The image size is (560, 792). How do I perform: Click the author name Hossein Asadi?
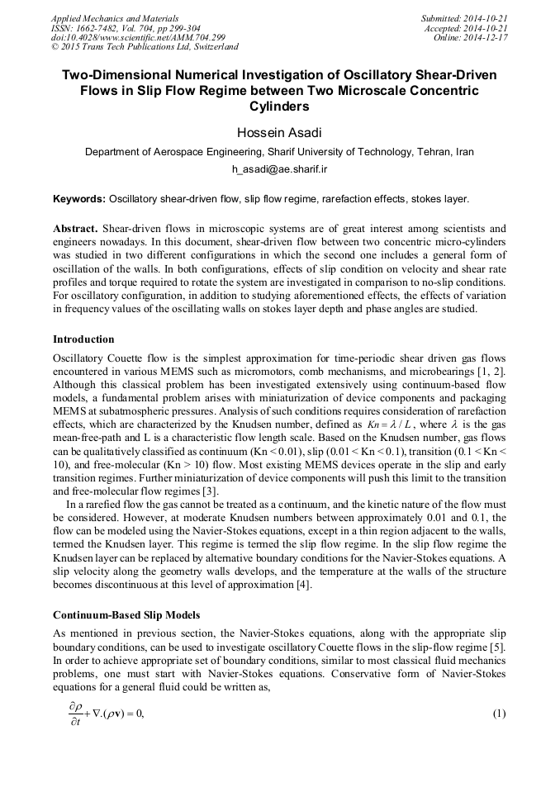point(279,134)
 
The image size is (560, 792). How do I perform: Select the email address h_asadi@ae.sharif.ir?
point(280,168)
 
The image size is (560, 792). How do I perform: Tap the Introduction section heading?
point(83,339)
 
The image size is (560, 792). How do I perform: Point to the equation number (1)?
point(498,713)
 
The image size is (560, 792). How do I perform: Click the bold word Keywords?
point(78,199)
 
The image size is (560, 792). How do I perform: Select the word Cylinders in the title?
point(279,107)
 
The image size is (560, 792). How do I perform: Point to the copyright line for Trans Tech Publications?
point(145,48)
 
